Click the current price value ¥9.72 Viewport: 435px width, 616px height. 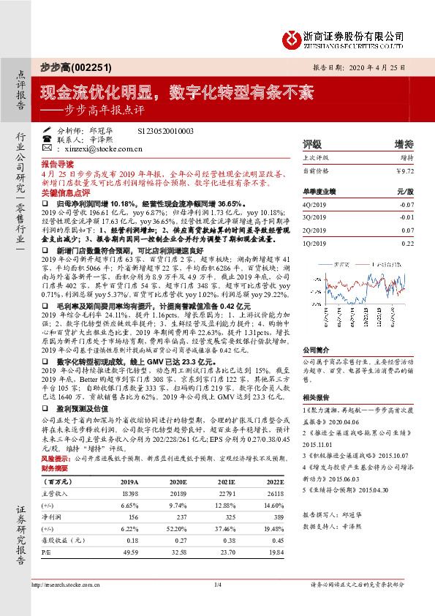404,170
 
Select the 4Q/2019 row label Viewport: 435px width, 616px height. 313,206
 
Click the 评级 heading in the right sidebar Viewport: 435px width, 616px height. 311,144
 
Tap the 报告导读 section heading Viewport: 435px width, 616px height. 57,165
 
